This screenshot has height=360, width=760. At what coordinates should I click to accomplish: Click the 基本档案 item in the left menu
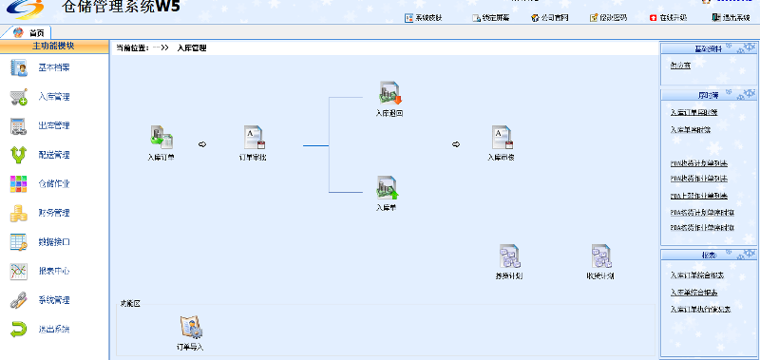(x=53, y=67)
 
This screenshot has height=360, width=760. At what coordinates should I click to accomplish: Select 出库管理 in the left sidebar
(x=53, y=125)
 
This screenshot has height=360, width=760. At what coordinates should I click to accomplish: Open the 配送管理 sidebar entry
(x=53, y=155)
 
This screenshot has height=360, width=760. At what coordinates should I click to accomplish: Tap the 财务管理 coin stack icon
(x=18, y=213)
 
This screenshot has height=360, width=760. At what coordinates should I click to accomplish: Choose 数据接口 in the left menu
(x=53, y=242)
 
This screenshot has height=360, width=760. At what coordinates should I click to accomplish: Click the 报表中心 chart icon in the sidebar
(x=18, y=271)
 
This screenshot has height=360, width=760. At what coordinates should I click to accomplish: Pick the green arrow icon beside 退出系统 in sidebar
(x=18, y=329)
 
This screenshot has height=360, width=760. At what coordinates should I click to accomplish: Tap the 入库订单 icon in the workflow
(x=161, y=137)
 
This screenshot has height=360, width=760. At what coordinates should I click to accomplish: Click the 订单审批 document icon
(x=252, y=137)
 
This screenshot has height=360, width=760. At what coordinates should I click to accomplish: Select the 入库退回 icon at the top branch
(x=389, y=92)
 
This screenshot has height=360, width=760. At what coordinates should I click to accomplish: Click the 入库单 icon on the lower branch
(x=386, y=187)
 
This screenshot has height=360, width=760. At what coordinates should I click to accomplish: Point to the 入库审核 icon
(x=501, y=138)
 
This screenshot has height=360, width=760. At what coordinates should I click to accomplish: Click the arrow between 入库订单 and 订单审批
(x=201, y=144)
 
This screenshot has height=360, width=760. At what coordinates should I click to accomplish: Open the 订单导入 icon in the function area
(x=191, y=327)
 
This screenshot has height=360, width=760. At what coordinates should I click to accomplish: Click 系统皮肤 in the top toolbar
(x=423, y=17)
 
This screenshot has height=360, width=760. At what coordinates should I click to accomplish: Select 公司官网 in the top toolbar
(x=551, y=17)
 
